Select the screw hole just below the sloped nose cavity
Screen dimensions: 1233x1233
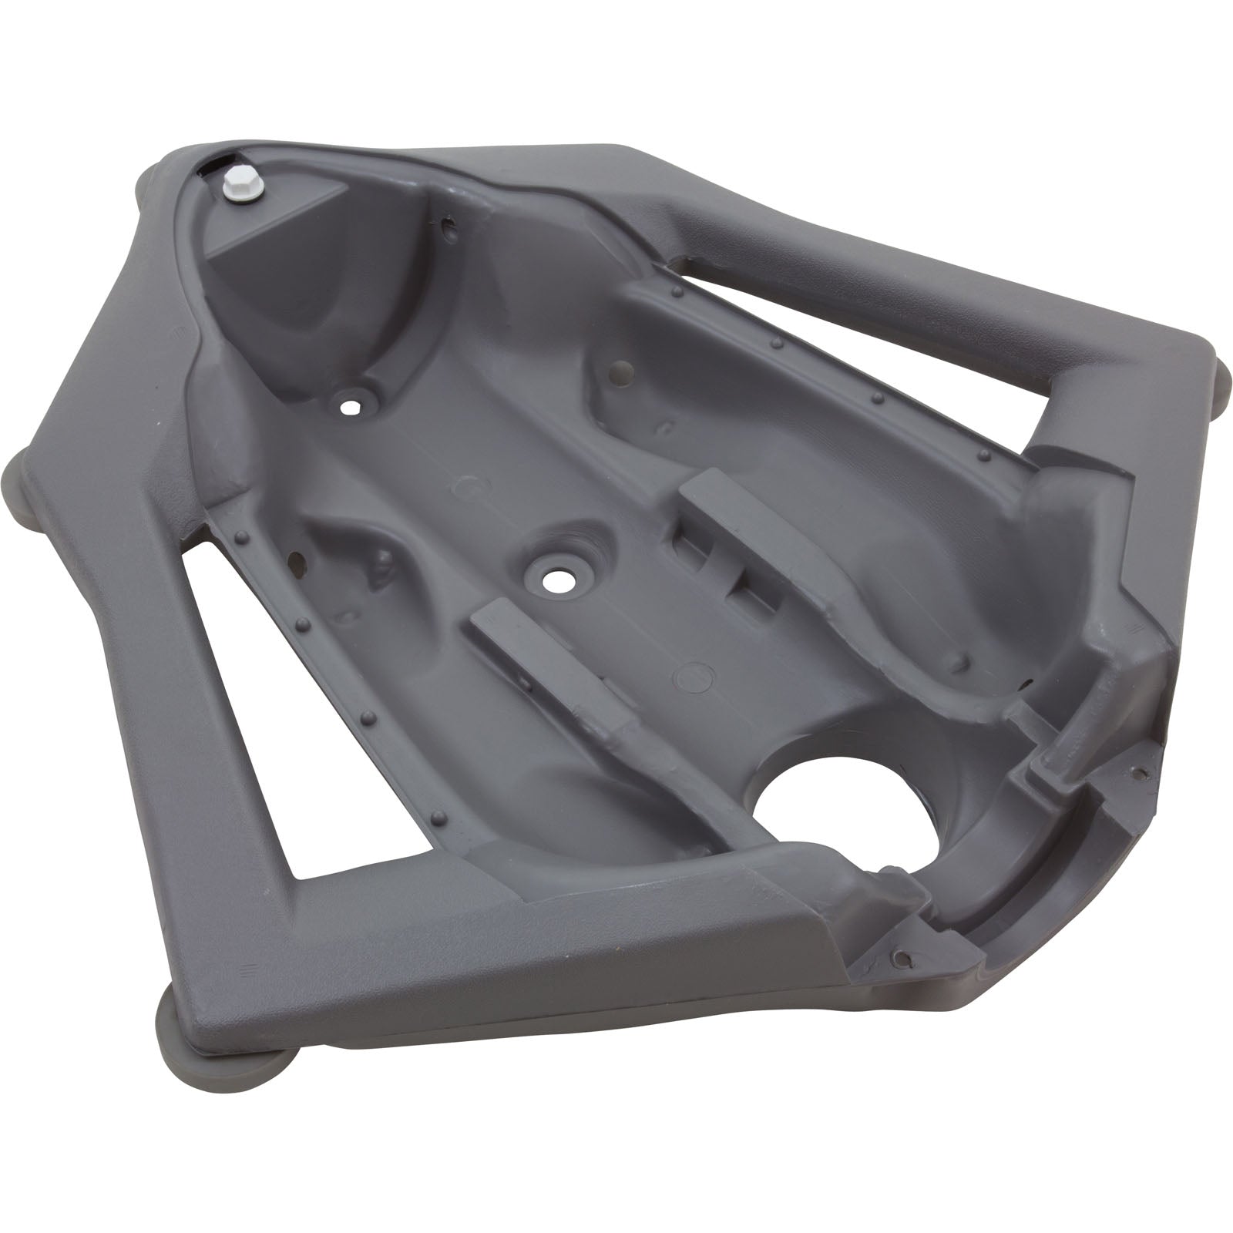tap(352, 404)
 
